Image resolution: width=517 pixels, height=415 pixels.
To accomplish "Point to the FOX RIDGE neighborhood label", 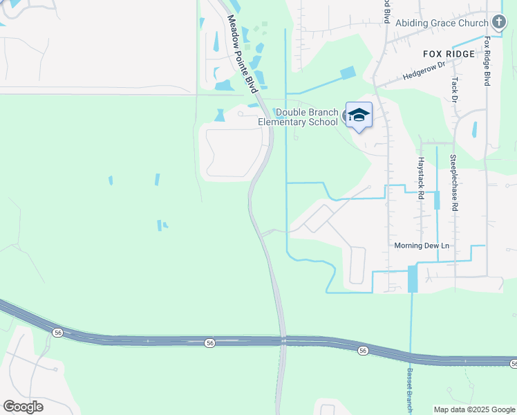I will click(x=449, y=54).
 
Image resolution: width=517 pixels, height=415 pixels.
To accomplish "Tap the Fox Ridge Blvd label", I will click(x=487, y=61).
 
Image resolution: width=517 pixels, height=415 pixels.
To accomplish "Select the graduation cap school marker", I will click(x=359, y=115).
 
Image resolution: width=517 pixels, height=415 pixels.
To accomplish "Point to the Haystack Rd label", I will click(x=420, y=177).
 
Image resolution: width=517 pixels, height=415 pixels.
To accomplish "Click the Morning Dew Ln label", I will click(x=422, y=246).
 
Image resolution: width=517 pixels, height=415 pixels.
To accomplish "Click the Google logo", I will click(x=23, y=407).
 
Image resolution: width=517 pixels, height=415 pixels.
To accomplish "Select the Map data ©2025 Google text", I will click(x=474, y=409).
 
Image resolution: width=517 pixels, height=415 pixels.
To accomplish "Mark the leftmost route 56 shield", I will click(x=57, y=333).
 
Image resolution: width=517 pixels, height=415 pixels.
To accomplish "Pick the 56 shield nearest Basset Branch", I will click(x=363, y=351).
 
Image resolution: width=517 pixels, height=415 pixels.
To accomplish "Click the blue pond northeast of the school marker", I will click(x=348, y=73).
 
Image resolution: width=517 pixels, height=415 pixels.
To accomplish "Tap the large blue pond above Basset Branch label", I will click(x=413, y=279).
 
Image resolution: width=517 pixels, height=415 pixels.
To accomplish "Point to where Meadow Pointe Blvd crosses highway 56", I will click(x=282, y=340).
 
